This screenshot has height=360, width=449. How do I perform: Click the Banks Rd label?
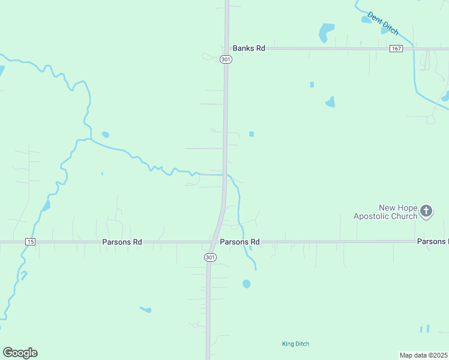[x=249, y=48]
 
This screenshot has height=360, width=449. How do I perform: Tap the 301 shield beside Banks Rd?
[x=225, y=59]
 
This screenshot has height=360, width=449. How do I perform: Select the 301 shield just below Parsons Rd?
[x=209, y=257]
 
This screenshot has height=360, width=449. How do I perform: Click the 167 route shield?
[x=396, y=49]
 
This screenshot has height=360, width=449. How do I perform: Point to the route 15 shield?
[x=31, y=242]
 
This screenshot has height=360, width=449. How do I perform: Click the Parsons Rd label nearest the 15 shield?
[x=121, y=242]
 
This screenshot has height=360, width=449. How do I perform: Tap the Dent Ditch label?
[x=382, y=23]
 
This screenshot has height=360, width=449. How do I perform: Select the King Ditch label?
[x=295, y=344]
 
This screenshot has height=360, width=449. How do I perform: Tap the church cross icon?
[x=426, y=211]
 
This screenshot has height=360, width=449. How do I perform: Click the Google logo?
[x=20, y=353]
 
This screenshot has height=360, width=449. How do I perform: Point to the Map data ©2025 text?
[x=424, y=355]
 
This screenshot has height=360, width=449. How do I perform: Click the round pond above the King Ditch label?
[x=246, y=284]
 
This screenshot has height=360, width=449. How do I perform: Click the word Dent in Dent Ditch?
[x=373, y=17]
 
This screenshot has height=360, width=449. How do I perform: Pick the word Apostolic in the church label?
[x=370, y=216]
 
